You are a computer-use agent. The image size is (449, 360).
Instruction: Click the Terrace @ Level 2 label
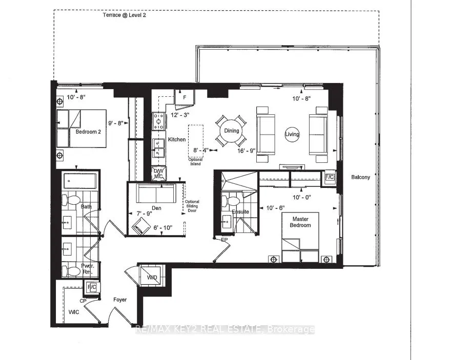pos(124,15)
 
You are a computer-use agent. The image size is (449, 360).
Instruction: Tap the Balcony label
pos(360,177)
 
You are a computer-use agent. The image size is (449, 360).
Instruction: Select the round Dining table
pos(231,131)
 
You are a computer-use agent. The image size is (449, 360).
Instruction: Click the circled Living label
pos(292,134)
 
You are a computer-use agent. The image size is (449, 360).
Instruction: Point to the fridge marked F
pos(185,98)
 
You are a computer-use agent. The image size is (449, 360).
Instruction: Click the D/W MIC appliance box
pos(159,174)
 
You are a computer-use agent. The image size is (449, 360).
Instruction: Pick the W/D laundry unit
pos(152,277)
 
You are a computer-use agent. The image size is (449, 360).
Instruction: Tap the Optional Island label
pos(196,162)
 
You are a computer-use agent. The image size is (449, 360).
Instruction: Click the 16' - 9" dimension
pos(246,151)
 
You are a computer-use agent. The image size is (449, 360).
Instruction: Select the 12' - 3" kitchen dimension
pos(179,115)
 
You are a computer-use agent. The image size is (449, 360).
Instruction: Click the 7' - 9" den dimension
pos(144,214)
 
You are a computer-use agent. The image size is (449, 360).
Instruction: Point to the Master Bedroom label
pos(300,222)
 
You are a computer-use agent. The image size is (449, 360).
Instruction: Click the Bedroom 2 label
pos(88,132)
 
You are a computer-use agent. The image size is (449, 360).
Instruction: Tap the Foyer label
pos(120,300)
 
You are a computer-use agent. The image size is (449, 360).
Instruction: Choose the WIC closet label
pos(74,312)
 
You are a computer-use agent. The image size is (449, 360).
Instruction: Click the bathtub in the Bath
pos(80,181)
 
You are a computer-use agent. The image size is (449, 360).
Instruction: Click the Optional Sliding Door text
pos(192,206)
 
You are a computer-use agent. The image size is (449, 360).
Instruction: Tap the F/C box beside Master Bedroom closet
pos(330,177)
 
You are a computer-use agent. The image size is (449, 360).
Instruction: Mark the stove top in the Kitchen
pos(159,121)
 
